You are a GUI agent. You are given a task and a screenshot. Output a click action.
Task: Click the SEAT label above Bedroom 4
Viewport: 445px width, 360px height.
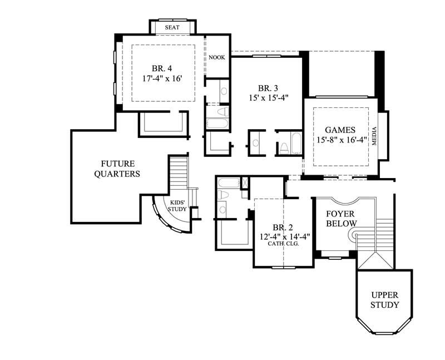coord(172,27)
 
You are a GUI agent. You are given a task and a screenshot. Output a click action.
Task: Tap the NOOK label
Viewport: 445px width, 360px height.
coord(217,57)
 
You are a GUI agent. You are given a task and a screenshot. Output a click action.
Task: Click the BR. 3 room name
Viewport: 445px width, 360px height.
coord(268,88)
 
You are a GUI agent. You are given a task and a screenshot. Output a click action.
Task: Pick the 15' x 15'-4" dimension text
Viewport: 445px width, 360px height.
coord(268,98)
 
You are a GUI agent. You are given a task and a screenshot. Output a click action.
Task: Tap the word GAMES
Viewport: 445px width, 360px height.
coord(340,130)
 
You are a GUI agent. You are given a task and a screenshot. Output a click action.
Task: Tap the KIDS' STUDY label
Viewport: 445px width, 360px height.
coord(178,206)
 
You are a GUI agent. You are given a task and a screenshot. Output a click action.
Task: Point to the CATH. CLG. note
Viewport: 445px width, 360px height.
coord(283,244)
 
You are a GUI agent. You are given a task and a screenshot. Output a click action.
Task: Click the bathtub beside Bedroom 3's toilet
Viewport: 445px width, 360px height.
coord(295,142)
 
